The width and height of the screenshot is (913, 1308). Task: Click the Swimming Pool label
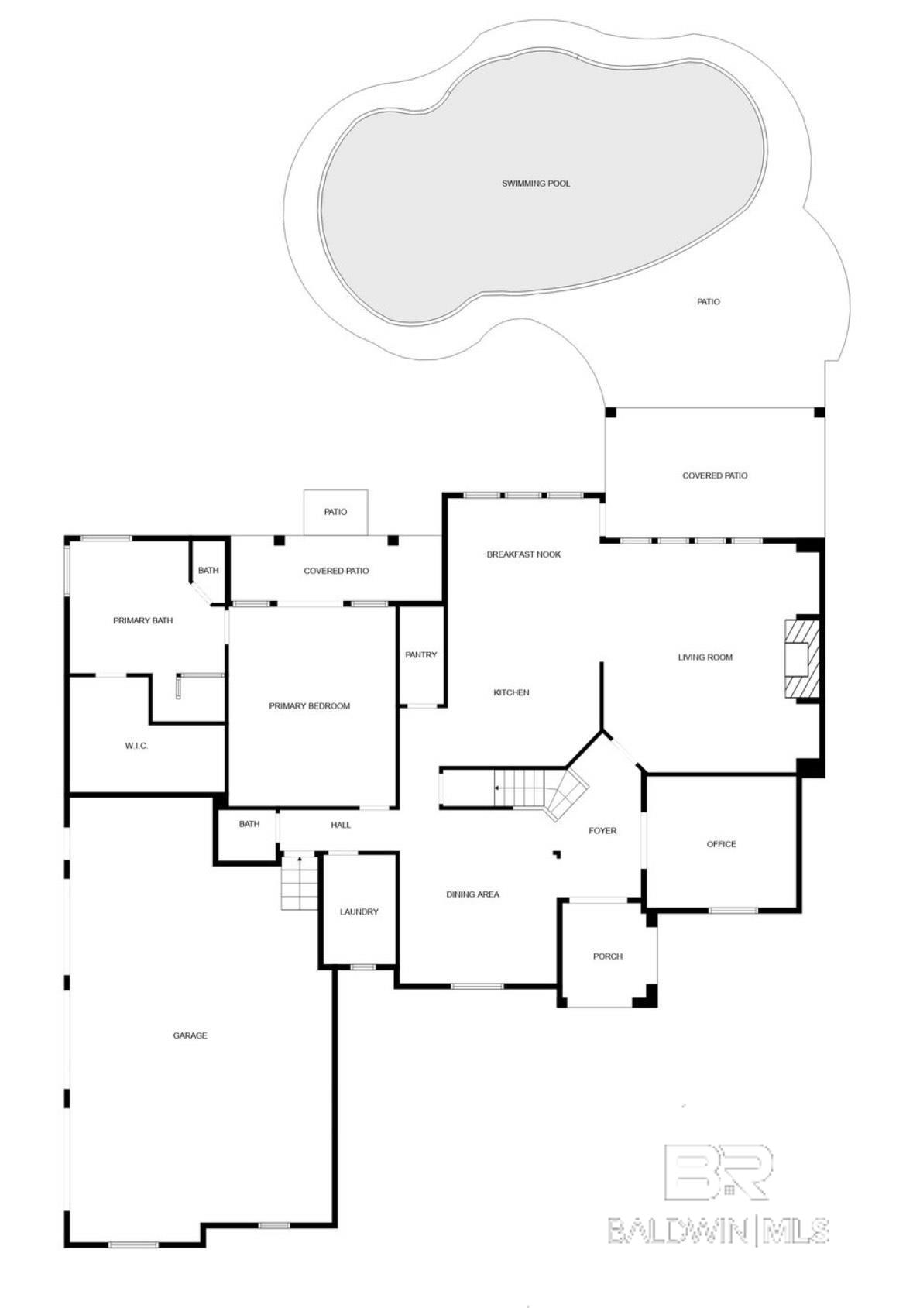tap(536, 184)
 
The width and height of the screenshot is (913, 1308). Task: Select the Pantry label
tap(420, 655)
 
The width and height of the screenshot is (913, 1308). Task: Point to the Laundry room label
tap(359, 912)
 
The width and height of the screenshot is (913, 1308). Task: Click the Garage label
tap(190, 1035)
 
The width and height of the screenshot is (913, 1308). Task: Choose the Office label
tap(721, 844)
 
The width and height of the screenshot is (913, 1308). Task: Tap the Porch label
tap(608, 956)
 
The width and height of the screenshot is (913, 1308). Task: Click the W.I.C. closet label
tap(136, 746)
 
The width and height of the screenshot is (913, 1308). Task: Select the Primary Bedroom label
tap(309, 706)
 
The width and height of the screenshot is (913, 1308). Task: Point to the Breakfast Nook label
tap(523, 554)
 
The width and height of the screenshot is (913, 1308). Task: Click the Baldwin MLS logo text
tap(718, 1230)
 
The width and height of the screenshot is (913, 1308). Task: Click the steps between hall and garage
tap(299, 882)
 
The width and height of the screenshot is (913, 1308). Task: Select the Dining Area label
tap(472, 894)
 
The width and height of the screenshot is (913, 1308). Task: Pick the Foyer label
tap(602, 831)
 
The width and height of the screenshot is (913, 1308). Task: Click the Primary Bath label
tap(142, 620)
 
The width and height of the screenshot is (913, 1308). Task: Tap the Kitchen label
tap(511, 692)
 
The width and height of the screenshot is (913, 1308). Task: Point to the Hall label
tap(341, 825)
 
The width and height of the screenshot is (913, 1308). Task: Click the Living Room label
tap(705, 657)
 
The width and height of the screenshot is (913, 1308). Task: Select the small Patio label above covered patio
tap(335, 512)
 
